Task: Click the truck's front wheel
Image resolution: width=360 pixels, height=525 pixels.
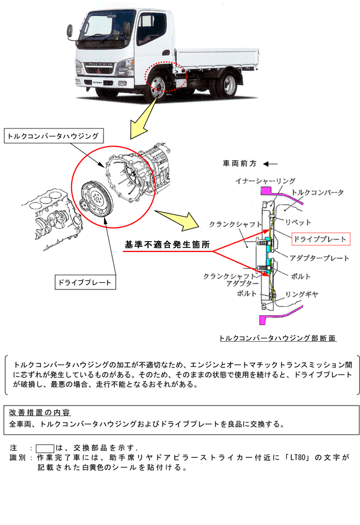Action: coord(157,86)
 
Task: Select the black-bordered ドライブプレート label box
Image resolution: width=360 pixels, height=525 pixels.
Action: coord(84,282)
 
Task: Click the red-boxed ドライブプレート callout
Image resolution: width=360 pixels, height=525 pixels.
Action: coord(318,239)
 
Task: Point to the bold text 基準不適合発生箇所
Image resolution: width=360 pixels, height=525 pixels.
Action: coord(168,245)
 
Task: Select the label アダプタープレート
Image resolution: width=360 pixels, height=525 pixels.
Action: coord(319,258)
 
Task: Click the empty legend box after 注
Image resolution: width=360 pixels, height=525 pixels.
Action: coord(44,447)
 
